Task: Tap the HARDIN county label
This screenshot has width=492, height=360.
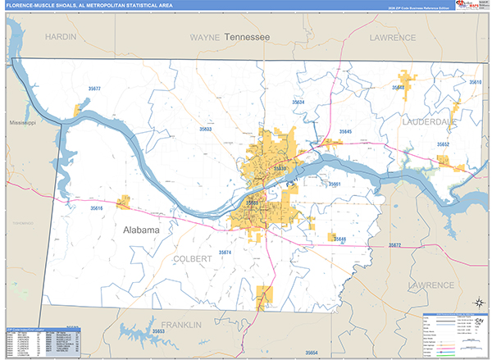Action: pyautogui.click(x=61, y=38)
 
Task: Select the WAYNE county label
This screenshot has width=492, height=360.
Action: pyautogui.click(x=205, y=38)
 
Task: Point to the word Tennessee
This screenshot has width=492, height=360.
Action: pyautogui.click(x=248, y=38)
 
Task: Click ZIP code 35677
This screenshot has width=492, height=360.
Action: pyautogui.click(x=94, y=89)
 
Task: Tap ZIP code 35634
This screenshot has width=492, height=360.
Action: pyautogui.click(x=298, y=102)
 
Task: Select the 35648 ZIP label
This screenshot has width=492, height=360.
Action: pyautogui.click(x=399, y=98)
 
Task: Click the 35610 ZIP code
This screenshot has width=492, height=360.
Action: pyautogui.click(x=476, y=83)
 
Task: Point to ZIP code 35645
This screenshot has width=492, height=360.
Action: pyautogui.click(x=345, y=131)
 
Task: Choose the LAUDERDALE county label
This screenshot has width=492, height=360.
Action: pyautogui.click(x=429, y=121)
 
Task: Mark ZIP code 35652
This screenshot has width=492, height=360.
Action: pyautogui.click(x=442, y=144)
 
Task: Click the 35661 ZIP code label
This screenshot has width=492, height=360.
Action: pyautogui.click(x=334, y=185)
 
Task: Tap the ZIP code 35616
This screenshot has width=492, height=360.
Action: pyautogui.click(x=97, y=208)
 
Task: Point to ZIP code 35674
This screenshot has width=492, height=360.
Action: pyautogui.click(x=225, y=253)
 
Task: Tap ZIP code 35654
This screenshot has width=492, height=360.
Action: pyautogui.click(x=311, y=352)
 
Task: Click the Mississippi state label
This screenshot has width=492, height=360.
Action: pyautogui.click(x=23, y=123)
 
